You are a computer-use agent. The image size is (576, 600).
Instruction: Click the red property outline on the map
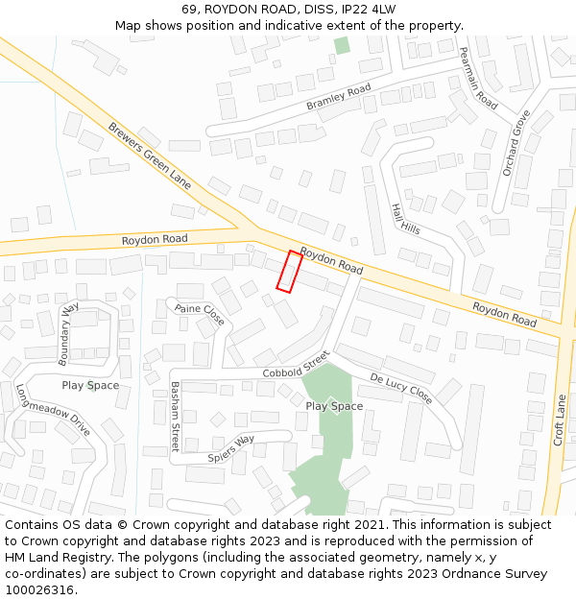pos(289,271)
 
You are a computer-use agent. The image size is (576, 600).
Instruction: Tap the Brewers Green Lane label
pos(150,155)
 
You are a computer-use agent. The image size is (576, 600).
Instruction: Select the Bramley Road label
pos(338,97)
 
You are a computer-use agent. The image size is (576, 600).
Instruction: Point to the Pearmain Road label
pos(478,78)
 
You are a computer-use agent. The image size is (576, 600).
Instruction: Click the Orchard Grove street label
pos(516,141)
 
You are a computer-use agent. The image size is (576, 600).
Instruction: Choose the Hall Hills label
pos(405,219)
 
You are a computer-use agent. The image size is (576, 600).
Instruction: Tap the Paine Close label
pos(200,313)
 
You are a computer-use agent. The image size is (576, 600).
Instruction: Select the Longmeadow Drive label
pos(53,411)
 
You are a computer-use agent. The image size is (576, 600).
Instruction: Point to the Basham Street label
pos(175,417)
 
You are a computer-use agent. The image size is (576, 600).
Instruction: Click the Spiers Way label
pos(231,448)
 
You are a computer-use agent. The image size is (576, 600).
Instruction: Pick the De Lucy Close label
pos(401,388)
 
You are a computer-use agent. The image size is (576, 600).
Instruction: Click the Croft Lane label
pos(559,420)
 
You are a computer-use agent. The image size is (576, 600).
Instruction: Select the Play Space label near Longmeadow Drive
pos(90,386)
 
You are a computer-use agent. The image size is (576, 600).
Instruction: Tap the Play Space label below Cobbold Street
pos(334,406)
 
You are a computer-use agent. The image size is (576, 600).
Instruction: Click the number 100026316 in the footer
pos(39,589)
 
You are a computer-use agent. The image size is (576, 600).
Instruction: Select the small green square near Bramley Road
pos(342,45)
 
